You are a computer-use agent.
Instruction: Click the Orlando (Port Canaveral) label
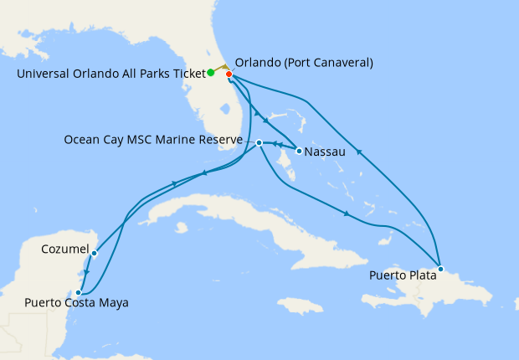point(304,63)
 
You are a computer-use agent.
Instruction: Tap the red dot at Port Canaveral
point(229,75)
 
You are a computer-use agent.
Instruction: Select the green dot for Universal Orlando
point(210,73)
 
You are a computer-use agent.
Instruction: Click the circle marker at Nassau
point(299,151)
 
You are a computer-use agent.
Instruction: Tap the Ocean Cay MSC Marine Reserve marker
point(259,142)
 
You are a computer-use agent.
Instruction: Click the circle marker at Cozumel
point(95,252)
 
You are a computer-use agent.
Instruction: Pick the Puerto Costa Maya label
point(76,302)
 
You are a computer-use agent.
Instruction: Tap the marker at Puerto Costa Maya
point(79,292)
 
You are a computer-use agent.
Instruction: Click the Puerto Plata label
point(402,275)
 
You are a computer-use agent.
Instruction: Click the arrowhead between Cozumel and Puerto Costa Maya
point(86,273)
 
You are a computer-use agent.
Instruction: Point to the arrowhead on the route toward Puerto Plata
point(347,214)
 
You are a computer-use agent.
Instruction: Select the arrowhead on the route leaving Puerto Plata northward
point(358,152)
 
